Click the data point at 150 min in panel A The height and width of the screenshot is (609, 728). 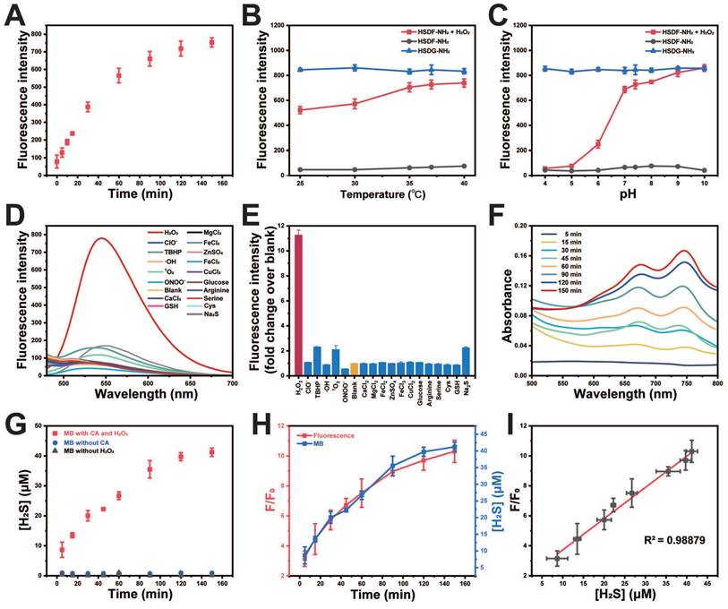211,42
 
